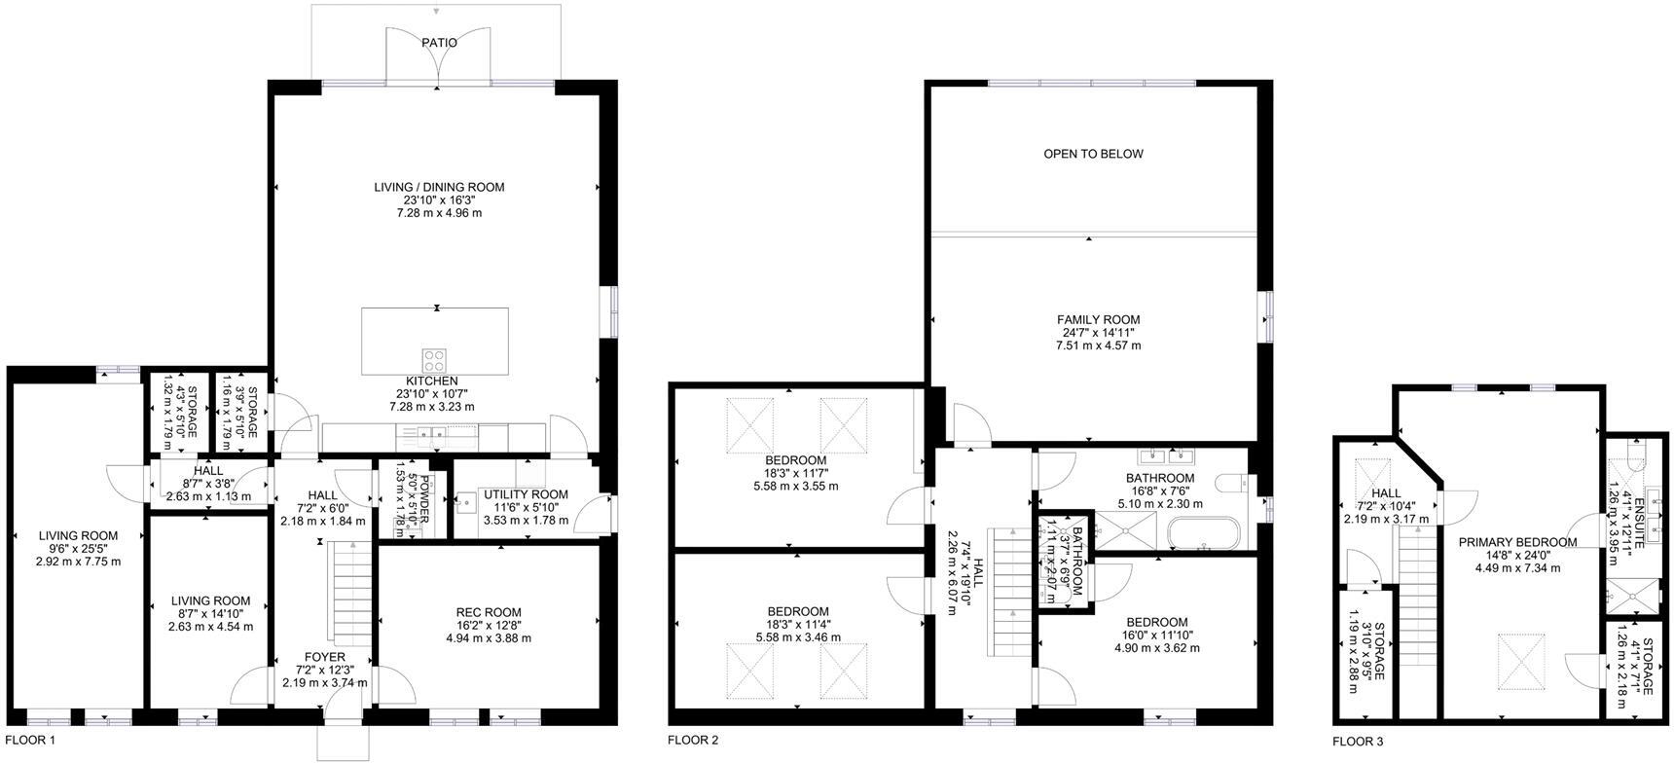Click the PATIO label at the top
(x=439, y=43)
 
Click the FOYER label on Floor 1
(x=324, y=657)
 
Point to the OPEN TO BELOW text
(x=1093, y=154)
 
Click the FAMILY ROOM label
(x=1098, y=319)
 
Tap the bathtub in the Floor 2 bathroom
(x=1204, y=534)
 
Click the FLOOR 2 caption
(x=693, y=741)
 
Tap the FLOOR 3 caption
(x=1358, y=742)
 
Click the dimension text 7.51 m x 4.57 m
(x=1098, y=345)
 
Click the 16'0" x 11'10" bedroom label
(x=1157, y=622)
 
